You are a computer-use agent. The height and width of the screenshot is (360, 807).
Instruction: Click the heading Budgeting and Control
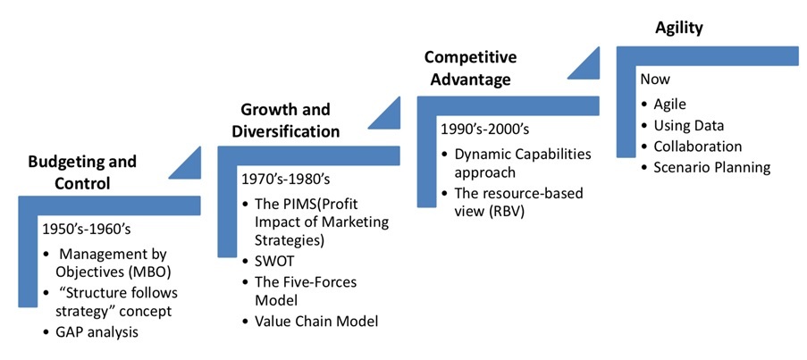[x=82, y=172]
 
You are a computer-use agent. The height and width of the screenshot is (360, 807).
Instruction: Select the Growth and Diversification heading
[x=285, y=121]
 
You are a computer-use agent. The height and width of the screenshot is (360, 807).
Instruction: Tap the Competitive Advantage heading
[x=470, y=69]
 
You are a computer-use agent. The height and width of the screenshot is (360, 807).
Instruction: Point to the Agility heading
[x=679, y=29]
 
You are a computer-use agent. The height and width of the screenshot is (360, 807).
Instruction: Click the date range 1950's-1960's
[x=87, y=229]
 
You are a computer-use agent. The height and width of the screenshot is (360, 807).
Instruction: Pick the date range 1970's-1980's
[x=286, y=180]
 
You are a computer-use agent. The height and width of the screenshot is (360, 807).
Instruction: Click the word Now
[x=655, y=80]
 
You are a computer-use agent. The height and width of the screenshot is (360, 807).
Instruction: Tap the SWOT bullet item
[x=268, y=261]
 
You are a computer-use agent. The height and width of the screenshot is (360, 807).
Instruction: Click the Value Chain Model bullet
[x=310, y=322]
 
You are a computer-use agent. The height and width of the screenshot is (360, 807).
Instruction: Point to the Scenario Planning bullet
[x=706, y=168]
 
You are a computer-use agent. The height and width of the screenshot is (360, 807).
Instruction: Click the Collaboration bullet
[x=692, y=147]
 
